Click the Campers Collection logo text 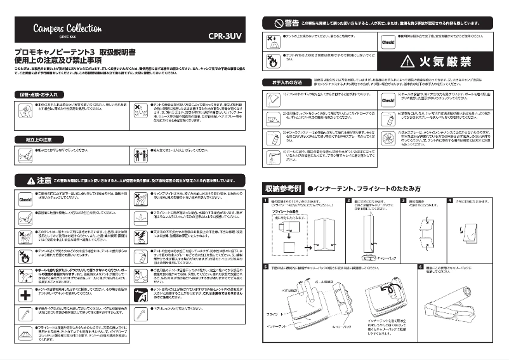[67, 28]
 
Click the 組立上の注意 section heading [39, 139]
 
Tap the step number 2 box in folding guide [348, 200]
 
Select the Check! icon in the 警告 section [388, 43]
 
